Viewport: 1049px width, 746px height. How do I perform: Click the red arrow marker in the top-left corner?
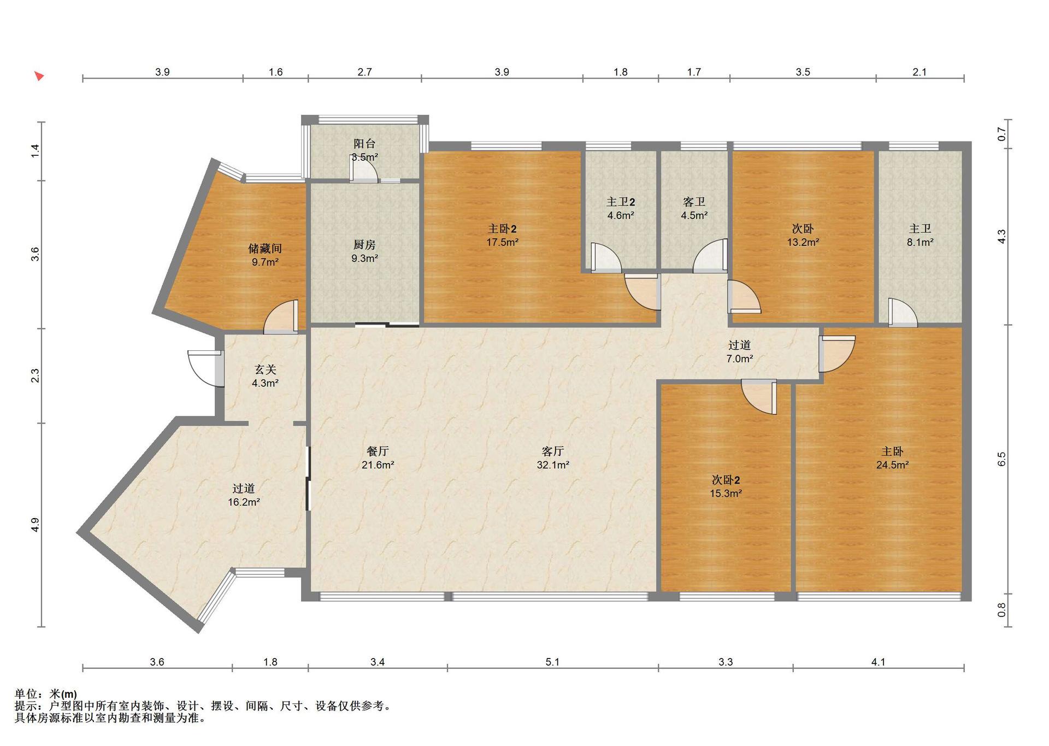(39, 76)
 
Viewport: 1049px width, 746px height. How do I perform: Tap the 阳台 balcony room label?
(364, 144)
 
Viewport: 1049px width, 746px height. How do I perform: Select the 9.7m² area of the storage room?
(265, 262)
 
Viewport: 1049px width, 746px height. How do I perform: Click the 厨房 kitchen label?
(364, 245)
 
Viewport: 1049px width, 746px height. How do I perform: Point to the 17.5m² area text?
(502, 242)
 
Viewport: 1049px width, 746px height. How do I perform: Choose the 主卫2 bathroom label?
(621, 202)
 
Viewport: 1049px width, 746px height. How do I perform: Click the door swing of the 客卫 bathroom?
(710, 256)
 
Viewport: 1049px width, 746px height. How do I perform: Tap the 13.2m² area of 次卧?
(803, 242)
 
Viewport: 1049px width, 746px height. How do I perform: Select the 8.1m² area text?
(920, 242)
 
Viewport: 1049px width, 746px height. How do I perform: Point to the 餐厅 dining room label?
(378, 451)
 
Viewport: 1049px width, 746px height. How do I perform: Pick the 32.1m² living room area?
(553, 465)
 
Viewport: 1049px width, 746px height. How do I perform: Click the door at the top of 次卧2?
(759, 397)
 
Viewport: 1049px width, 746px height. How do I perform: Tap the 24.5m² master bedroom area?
(892, 465)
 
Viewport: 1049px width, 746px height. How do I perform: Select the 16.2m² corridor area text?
(244, 502)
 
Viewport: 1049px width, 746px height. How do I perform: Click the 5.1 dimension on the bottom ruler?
(552, 662)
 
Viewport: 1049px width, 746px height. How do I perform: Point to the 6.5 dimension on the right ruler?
(1001, 459)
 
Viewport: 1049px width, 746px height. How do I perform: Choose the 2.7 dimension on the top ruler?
(364, 72)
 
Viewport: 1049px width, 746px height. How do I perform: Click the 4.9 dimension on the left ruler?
(35, 525)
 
